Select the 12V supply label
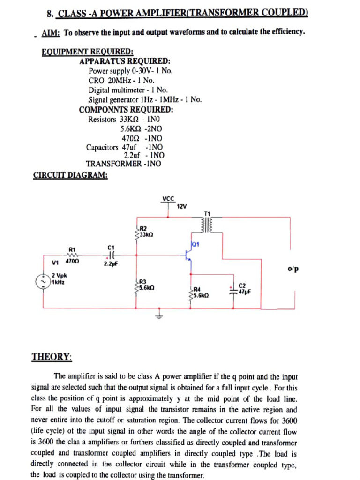pyautogui.click(x=182, y=206)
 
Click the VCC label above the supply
pyautogui.click(x=168, y=198)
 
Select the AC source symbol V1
pyautogui.click(x=44, y=282)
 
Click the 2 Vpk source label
pyautogui.click(x=59, y=276)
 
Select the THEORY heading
pyautogui.click(x=52, y=357)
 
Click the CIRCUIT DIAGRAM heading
pyautogui.click(x=70, y=175)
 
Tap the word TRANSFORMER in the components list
pyautogui.click(x=114, y=164)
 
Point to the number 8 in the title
pyautogui.click(x=49, y=14)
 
